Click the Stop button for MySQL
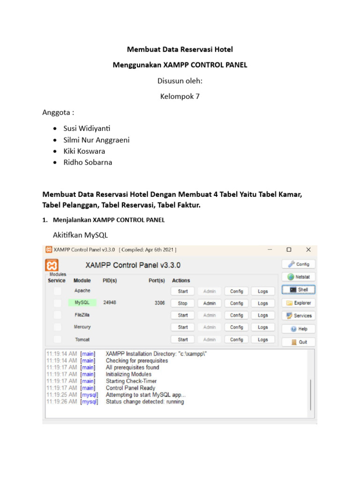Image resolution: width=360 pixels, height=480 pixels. pos(183,303)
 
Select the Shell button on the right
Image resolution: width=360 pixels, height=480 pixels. pos(298,290)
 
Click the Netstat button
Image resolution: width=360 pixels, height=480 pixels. pos(298,277)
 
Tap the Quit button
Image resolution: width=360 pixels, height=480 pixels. pos(298,342)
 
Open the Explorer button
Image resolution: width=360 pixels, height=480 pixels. pos(298,303)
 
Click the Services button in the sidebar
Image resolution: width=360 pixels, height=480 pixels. pos(298,315)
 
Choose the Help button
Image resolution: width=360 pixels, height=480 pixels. pos(298,329)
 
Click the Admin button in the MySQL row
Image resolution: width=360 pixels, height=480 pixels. pos(210,303)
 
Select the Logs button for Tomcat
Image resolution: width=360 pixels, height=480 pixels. pos(263,339)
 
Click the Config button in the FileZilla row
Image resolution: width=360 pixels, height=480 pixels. pos(236,315)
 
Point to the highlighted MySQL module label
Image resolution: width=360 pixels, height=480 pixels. pos(82,303)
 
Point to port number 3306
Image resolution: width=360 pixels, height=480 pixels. pos(159,303)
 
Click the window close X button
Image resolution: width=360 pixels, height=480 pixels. pos(308,250)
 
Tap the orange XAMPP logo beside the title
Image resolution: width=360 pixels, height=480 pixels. pos(52,265)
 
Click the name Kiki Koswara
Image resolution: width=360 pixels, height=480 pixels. pos(84,151)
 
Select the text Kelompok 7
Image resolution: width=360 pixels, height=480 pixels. pos(180,97)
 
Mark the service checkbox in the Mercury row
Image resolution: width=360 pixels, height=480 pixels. pos(57,327)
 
